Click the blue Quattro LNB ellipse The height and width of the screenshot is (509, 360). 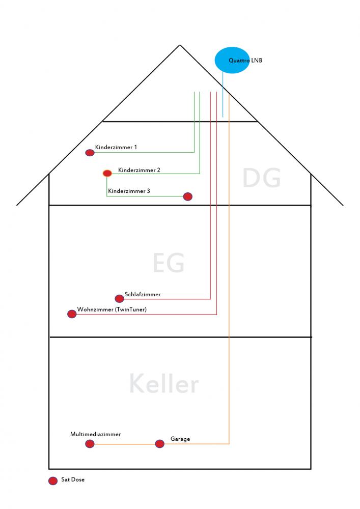[232, 60]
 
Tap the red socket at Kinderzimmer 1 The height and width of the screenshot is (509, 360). [90, 153]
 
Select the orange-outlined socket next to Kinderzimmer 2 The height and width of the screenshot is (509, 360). [107, 173]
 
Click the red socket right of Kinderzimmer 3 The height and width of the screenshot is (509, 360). [187, 196]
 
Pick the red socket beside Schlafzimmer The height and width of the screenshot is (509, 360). [120, 298]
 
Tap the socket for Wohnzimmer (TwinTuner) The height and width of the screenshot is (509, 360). [72, 314]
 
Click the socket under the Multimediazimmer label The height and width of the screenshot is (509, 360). [90, 444]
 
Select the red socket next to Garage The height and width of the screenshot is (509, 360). [160, 444]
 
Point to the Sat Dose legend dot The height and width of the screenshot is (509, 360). [53, 481]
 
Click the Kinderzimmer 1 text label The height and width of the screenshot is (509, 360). [116, 147]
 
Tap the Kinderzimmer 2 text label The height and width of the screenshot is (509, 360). [139, 170]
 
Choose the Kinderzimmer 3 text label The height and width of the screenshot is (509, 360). [129, 191]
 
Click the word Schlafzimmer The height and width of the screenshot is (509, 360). [143, 294]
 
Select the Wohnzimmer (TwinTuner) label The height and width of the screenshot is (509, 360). [112, 309]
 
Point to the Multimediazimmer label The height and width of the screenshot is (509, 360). [95, 434]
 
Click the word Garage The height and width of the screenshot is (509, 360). [180, 439]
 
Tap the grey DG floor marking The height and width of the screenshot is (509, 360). [261, 178]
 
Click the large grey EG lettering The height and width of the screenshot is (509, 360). [169, 263]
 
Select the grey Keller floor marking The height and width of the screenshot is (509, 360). [164, 383]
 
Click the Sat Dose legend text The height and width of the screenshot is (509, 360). [73, 479]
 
